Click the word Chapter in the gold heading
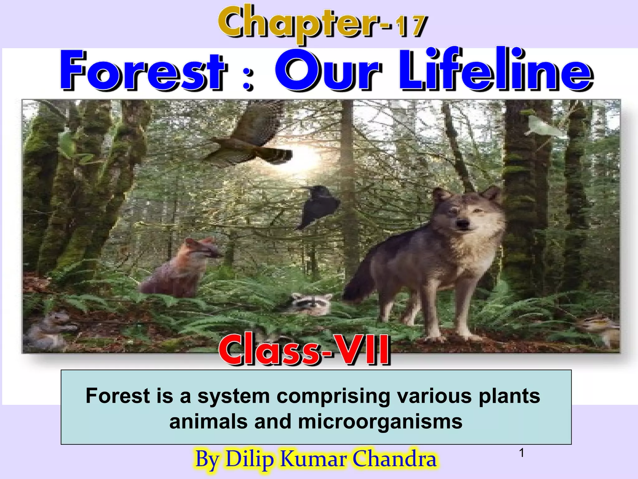coord(299,23)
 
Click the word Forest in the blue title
coord(143,71)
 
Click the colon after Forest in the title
coord(248,75)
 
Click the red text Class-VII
coord(304,350)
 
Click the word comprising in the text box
coord(333,396)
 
